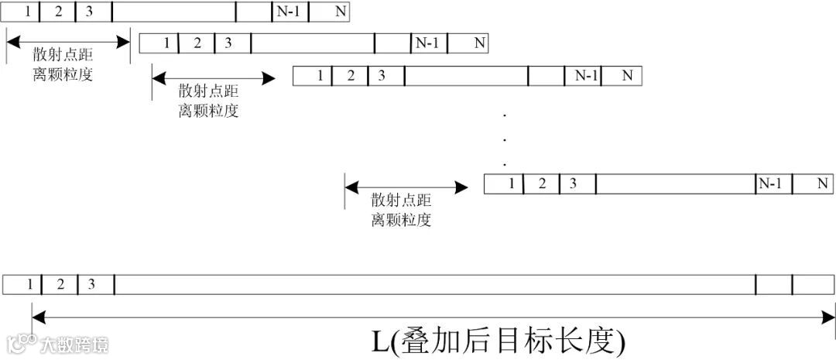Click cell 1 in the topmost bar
(x=28, y=12)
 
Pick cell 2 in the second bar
(x=197, y=43)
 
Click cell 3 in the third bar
(x=382, y=75)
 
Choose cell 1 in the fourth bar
(x=510, y=183)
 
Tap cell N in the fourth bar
(x=822, y=183)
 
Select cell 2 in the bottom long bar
(x=60, y=284)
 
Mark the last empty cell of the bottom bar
(x=814, y=284)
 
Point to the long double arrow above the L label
(x=433, y=314)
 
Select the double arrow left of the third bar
(x=214, y=77)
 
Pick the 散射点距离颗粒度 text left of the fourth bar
(x=401, y=209)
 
